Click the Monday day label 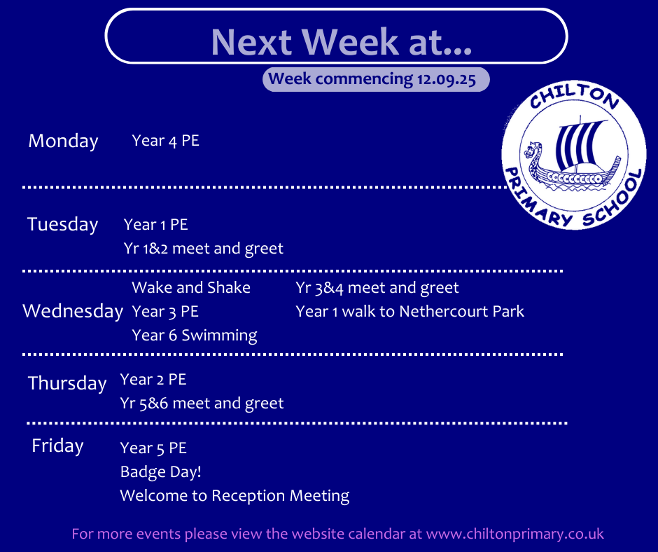(64, 141)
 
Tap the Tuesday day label (62, 224)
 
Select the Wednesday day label (73, 311)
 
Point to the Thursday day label (67, 383)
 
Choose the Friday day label (57, 446)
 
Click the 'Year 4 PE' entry (165, 141)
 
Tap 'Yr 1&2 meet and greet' (204, 249)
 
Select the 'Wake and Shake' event (191, 288)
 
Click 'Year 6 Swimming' (195, 336)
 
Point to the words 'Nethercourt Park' (461, 311)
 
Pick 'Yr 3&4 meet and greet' (377, 288)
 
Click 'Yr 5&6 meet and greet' (202, 403)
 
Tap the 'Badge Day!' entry (161, 471)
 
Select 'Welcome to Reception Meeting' (234, 496)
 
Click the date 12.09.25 (446, 79)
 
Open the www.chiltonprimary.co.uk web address (515, 534)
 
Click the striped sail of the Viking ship (577, 144)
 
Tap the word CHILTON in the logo (575, 96)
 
